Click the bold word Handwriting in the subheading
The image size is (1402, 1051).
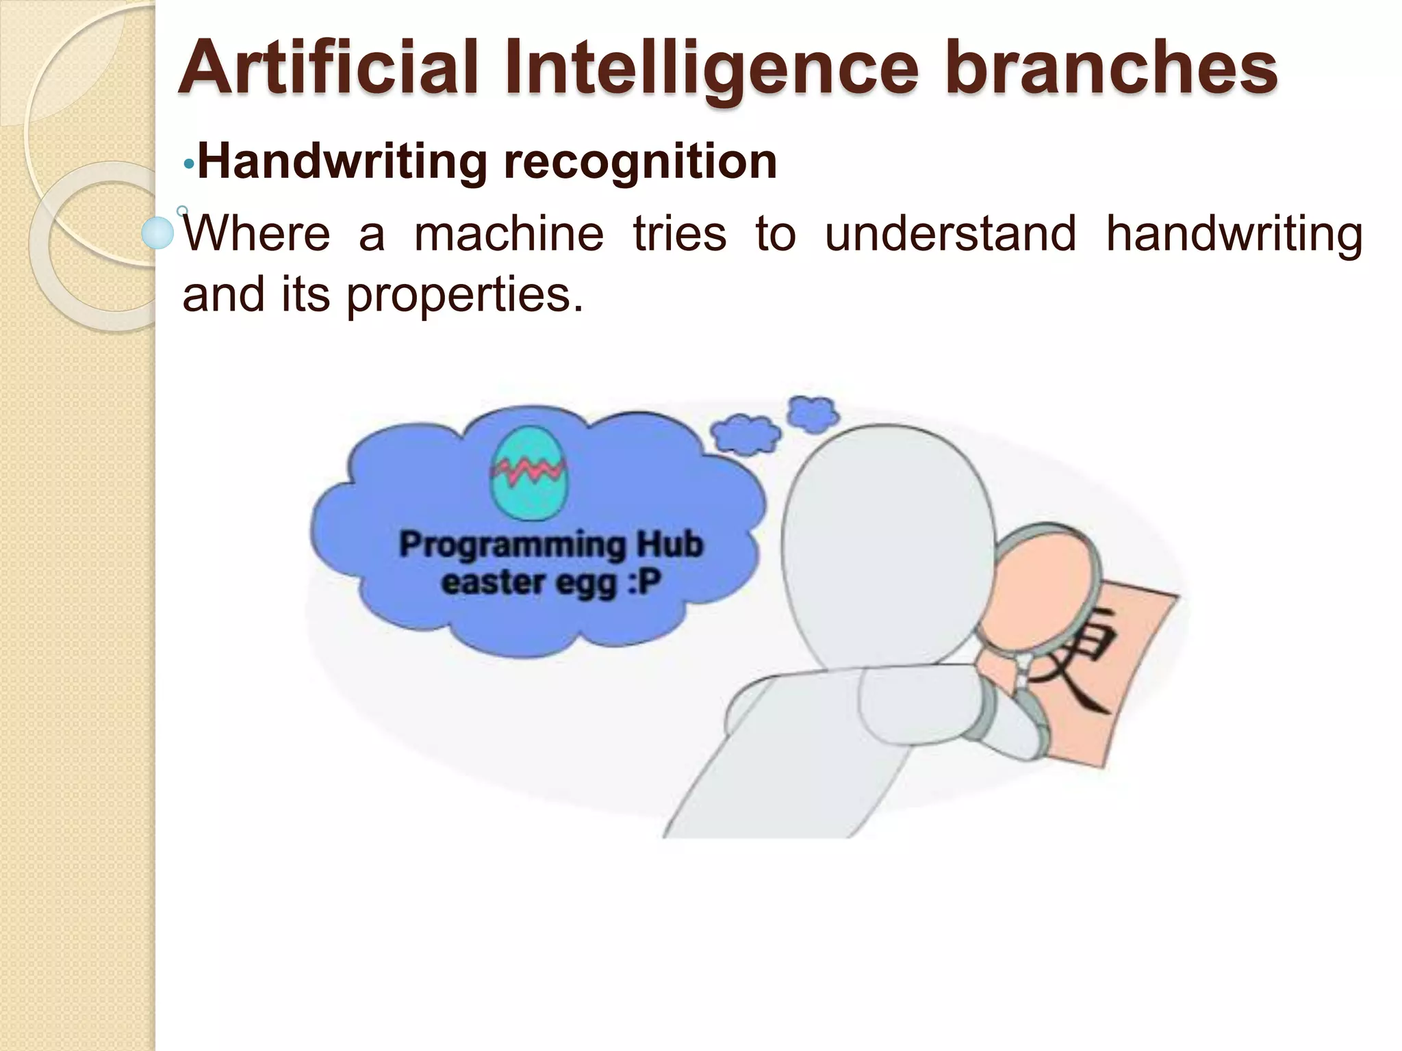[x=342, y=162]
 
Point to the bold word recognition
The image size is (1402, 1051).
[x=640, y=162]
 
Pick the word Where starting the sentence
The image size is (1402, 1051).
[x=257, y=233]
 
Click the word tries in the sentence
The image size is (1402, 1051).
[x=679, y=233]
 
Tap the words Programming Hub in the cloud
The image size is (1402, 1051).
[x=551, y=545]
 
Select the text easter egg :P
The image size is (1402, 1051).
[x=551, y=583]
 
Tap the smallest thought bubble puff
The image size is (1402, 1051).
[x=813, y=413]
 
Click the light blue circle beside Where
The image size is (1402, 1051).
[x=158, y=233]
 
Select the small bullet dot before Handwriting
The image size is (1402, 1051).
[x=189, y=164]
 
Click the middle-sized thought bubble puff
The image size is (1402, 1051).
[x=745, y=434]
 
